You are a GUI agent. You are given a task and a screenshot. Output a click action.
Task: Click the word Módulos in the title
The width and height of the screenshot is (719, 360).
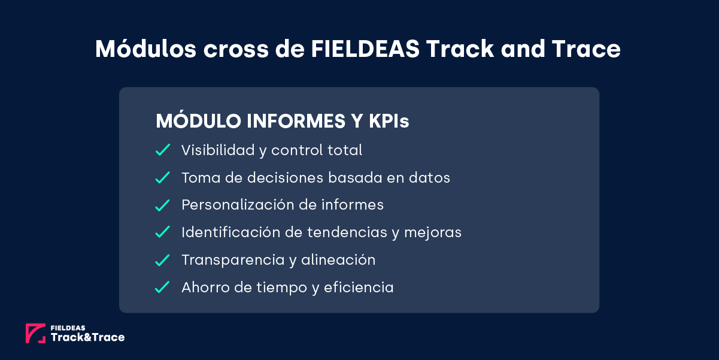[145, 49]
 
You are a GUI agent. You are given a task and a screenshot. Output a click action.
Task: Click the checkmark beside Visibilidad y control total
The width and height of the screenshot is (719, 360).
[163, 150]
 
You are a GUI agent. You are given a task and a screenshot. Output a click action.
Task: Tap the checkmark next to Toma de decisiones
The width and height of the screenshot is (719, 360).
[163, 178]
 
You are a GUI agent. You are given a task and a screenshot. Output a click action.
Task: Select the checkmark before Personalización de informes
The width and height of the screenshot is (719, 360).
[163, 205]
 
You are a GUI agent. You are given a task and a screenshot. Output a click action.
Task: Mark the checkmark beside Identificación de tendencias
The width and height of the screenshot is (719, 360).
[163, 232]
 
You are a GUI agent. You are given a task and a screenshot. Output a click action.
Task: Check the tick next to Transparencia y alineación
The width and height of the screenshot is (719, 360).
[163, 260]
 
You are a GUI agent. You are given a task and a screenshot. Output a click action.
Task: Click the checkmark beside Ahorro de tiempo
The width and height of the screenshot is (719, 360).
[163, 288]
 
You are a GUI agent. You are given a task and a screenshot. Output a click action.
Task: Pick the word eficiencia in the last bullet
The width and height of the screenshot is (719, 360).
[359, 288]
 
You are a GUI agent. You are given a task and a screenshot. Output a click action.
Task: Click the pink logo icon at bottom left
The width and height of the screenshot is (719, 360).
[35, 334]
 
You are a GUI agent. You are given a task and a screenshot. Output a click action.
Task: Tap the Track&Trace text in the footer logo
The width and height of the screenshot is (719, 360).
[87, 338]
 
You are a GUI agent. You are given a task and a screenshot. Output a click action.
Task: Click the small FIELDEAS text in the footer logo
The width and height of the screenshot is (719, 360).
[68, 328]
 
